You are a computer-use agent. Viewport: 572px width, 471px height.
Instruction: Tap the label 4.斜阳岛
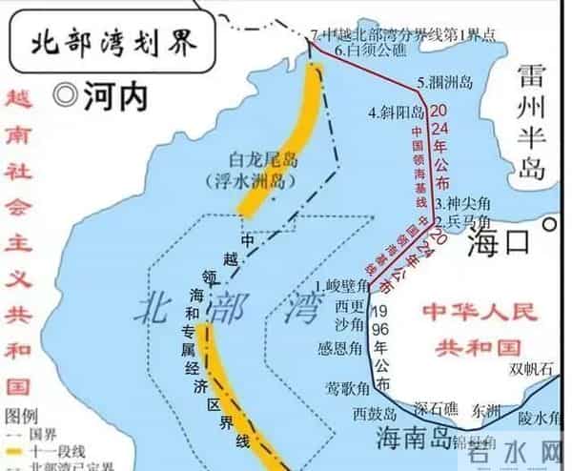398,113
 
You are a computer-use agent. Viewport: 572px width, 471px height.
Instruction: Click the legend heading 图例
20,416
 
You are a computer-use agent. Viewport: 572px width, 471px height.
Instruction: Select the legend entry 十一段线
60,451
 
